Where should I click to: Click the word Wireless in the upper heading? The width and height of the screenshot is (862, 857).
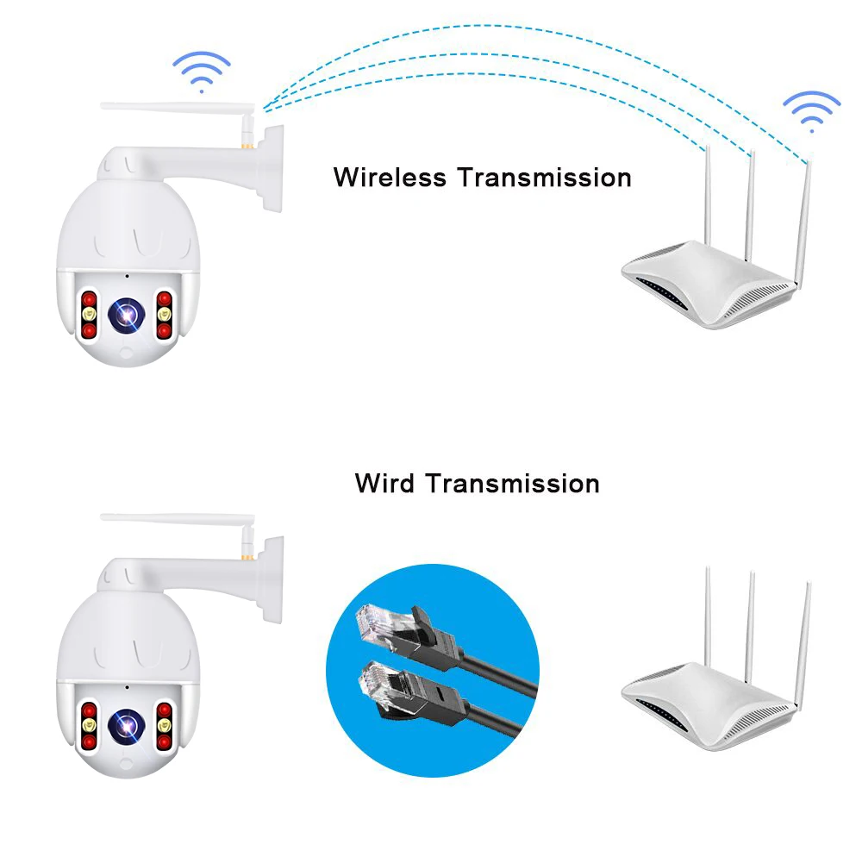(x=390, y=177)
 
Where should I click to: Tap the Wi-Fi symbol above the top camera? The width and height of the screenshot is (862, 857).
(x=201, y=71)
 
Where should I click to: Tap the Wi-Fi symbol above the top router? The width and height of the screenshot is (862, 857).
(x=810, y=110)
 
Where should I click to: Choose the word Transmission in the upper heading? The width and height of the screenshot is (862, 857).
(x=544, y=177)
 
